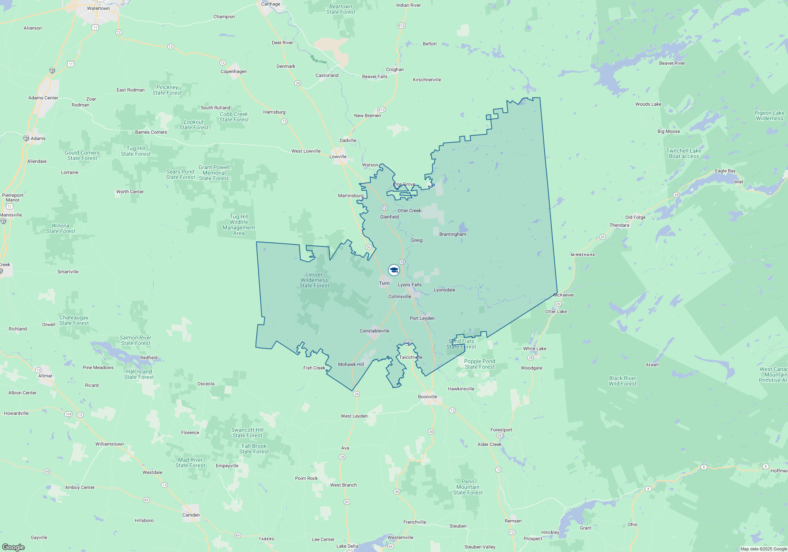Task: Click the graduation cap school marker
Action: (x=394, y=270)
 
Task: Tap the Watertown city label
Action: (x=98, y=8)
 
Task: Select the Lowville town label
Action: (x=338, y=157)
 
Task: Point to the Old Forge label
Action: (x=635, y=217)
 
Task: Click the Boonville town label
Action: (x=427, y=397)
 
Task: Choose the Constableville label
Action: (x=374, y=331)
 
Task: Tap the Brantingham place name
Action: (x=452, y=234)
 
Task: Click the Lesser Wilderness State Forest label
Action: (x=314, y=280)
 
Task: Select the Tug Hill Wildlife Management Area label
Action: (x=239, y=225)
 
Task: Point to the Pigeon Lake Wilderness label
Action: (x=769, y=116)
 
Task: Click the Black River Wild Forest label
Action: (x=623, y=381)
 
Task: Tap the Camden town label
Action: (x=191, y=515)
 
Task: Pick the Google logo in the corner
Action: (x=13, y=547)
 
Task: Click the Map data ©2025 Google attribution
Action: (x=763, y=549)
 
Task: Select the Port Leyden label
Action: (x=422, y=318)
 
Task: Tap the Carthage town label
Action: (x=271, y=4)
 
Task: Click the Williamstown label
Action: (x=110, y=444)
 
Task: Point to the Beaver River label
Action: (x=672, y=63)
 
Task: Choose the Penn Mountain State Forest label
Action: (x=468, y=487)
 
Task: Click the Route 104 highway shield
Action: (x=68, y=414)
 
